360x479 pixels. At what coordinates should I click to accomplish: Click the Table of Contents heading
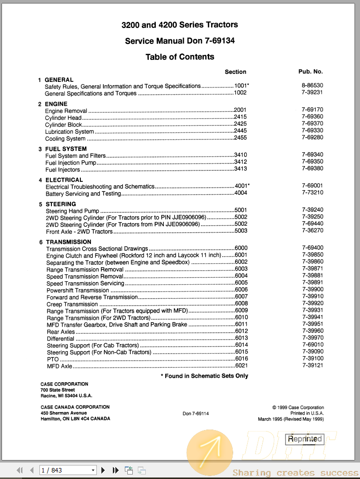(180, 57)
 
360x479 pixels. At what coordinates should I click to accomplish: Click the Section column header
(235, 72)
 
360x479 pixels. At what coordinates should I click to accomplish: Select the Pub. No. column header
(311, 72)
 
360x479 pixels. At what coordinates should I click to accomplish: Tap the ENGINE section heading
(56, 104)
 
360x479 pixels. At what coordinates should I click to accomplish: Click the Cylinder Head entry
(63, 118)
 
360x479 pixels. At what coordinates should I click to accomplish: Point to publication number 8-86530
(312, 86)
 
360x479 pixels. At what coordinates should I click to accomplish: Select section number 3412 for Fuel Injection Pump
(241, 162)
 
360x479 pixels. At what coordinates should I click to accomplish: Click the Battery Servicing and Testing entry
(83, 194)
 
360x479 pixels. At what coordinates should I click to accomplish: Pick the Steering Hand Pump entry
(72, 211)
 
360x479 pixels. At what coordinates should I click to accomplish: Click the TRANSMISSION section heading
(68, 242)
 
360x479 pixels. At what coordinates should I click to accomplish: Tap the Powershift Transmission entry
(77, 290)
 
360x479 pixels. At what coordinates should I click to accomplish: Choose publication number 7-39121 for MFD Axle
(313, 366)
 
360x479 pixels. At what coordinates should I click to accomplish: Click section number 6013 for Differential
(241, 338)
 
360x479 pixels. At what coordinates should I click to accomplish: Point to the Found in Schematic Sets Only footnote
(206, 376)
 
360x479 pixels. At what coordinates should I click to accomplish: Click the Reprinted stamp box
(305, 440)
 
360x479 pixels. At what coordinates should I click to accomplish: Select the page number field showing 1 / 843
(67, 470)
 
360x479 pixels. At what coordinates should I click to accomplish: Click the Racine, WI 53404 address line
(66, 396)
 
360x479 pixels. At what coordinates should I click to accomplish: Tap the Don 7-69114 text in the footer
(196, 414)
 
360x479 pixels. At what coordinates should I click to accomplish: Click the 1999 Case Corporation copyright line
(298, 408)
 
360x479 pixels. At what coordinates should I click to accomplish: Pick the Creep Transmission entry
(72, 304)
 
